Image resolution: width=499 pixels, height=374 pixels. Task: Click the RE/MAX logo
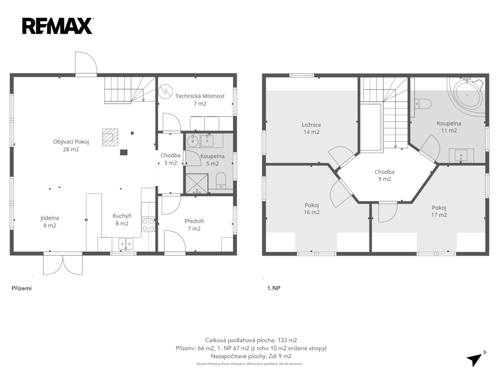58,26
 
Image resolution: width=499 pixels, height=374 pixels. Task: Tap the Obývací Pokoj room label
71,145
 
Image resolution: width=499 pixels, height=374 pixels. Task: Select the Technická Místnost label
200,99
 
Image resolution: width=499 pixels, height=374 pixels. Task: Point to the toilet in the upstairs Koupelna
423,104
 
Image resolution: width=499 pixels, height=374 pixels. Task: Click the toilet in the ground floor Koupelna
221,181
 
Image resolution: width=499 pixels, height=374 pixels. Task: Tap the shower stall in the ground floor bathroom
197,184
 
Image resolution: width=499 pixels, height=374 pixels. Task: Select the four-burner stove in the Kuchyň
148,224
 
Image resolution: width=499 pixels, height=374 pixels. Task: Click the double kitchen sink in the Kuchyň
126,244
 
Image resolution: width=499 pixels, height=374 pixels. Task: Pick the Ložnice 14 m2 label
311,129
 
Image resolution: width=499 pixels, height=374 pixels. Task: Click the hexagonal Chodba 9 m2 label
384,175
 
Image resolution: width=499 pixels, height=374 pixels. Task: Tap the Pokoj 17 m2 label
439,211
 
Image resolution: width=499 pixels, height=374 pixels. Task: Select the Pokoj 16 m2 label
312,208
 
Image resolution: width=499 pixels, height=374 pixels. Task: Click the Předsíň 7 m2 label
194,225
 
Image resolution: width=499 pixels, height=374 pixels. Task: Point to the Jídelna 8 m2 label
50,222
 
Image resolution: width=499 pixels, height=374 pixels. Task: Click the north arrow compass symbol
476,359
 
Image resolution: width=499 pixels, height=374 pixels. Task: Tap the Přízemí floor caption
21,288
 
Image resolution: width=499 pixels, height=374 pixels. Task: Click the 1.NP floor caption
274,288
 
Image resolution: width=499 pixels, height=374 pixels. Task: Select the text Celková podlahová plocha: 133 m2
251,340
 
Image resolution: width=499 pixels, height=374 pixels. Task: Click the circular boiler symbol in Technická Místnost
166,91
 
